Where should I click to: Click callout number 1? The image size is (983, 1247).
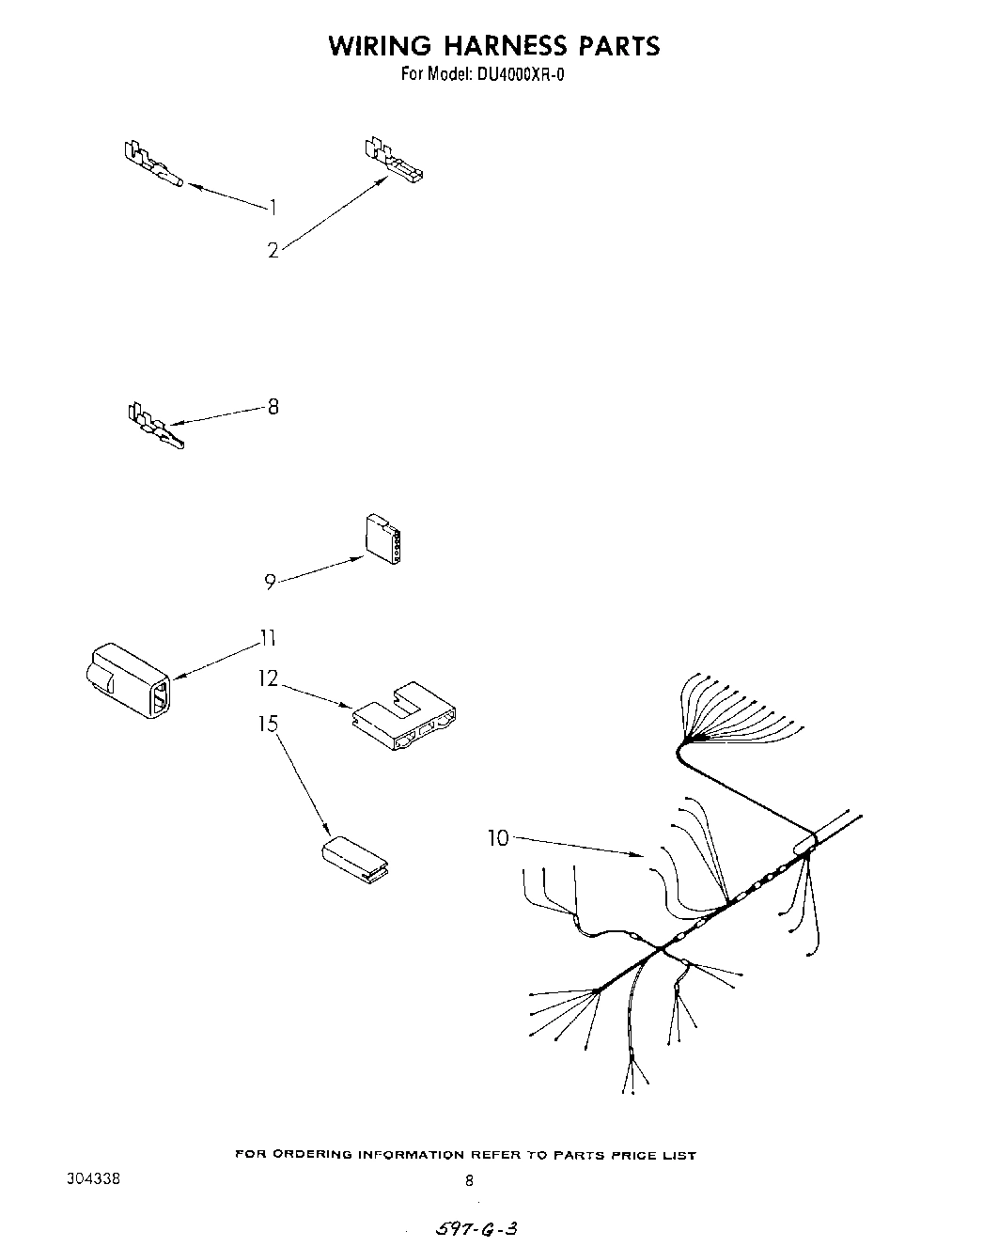pos(273,207)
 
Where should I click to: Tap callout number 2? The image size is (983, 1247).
pos(273,251)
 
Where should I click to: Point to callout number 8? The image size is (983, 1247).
pos(273,407)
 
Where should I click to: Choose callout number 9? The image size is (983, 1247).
pos(270,583)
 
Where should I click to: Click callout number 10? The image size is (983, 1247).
pos(497,837)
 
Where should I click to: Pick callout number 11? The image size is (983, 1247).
pos(268,639)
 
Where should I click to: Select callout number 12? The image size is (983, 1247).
pos(269,678)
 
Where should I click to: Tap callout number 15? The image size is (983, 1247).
pos(269,725)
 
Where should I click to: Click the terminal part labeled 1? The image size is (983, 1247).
pos(154,164)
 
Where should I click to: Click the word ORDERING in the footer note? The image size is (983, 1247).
pos(314,1155)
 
